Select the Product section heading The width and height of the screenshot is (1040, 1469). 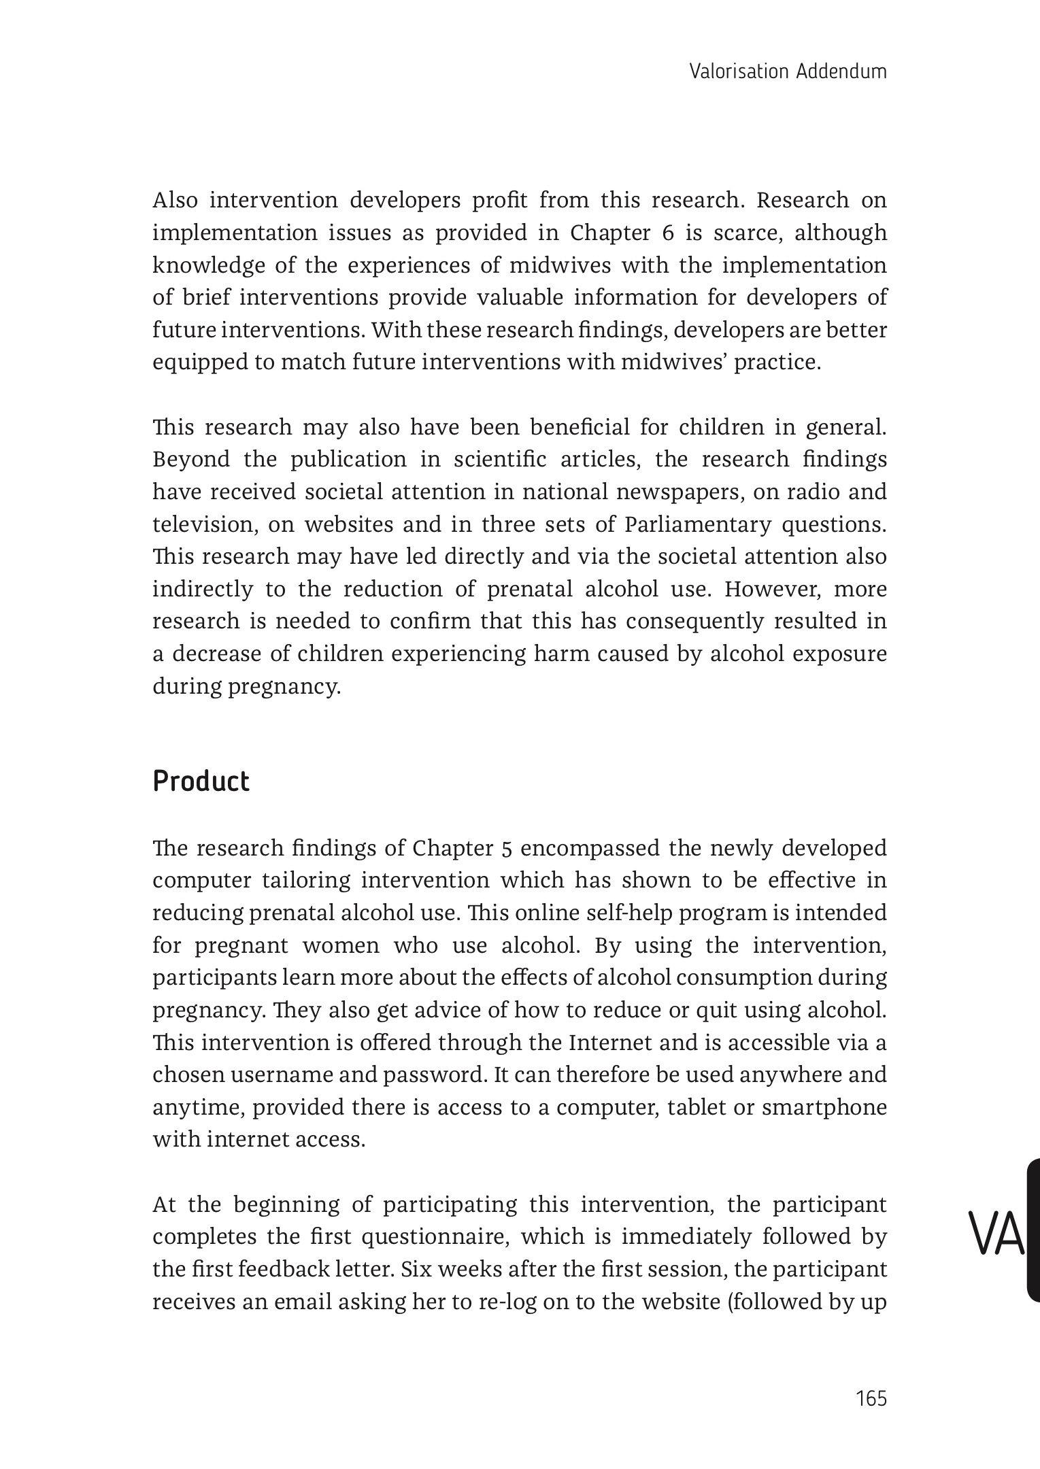[x=201, y=781]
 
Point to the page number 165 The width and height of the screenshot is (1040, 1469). [x=871, y=1399]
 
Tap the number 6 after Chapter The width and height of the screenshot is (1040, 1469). [x=667, y=233]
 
